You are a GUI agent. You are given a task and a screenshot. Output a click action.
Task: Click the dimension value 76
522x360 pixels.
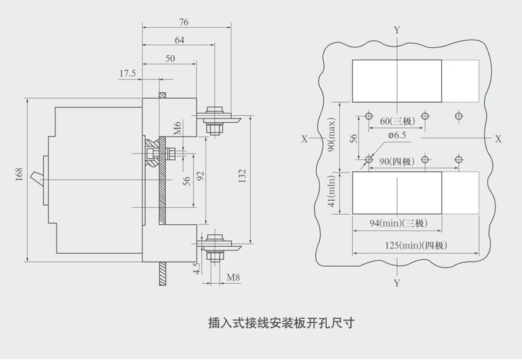tap(183, 22)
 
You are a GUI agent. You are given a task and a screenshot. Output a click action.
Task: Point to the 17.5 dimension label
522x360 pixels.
tap(127, 73)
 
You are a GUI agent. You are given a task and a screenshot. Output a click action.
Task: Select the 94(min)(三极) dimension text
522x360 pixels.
tap(398, 224)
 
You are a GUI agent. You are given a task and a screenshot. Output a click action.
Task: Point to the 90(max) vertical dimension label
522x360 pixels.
tap(332, 135)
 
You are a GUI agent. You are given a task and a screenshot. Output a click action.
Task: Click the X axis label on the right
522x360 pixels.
tap(498, 139)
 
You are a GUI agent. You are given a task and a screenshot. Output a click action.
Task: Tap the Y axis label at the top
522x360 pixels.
tap(396, 29)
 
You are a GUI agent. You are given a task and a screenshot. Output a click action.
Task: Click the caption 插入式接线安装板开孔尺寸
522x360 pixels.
tap(281, 323)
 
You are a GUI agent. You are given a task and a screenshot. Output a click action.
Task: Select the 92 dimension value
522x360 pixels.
tap(200, 175)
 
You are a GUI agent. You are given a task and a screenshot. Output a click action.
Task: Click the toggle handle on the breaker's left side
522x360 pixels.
tap(37, 175)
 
